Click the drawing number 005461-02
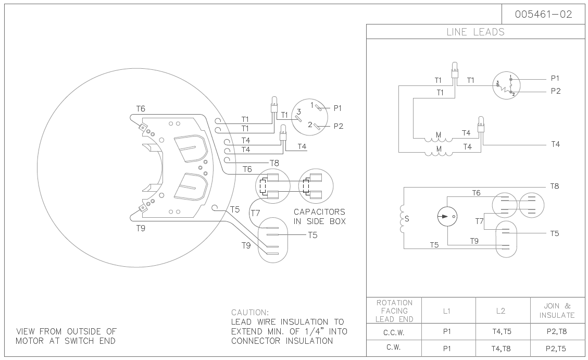click(543, 15)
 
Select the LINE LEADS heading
click(476, 32)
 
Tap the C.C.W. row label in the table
click(394, 332)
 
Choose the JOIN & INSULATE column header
click(557, 311)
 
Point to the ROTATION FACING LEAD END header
click(394, 311)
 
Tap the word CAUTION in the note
click(250, 313)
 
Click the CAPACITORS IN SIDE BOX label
click(319, 217)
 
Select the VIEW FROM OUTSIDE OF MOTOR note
click(66, 336)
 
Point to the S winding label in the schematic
click(407, 219)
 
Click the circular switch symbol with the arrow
click(447, 216)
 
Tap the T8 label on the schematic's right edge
click(555, 186)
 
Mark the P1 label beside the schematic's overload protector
click(556, 78)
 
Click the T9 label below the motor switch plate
click(141, 228)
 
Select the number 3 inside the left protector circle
click(298, 111)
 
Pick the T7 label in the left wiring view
click(255, 213)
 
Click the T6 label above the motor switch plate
click(141, 108)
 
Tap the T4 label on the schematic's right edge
click(555, 144)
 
